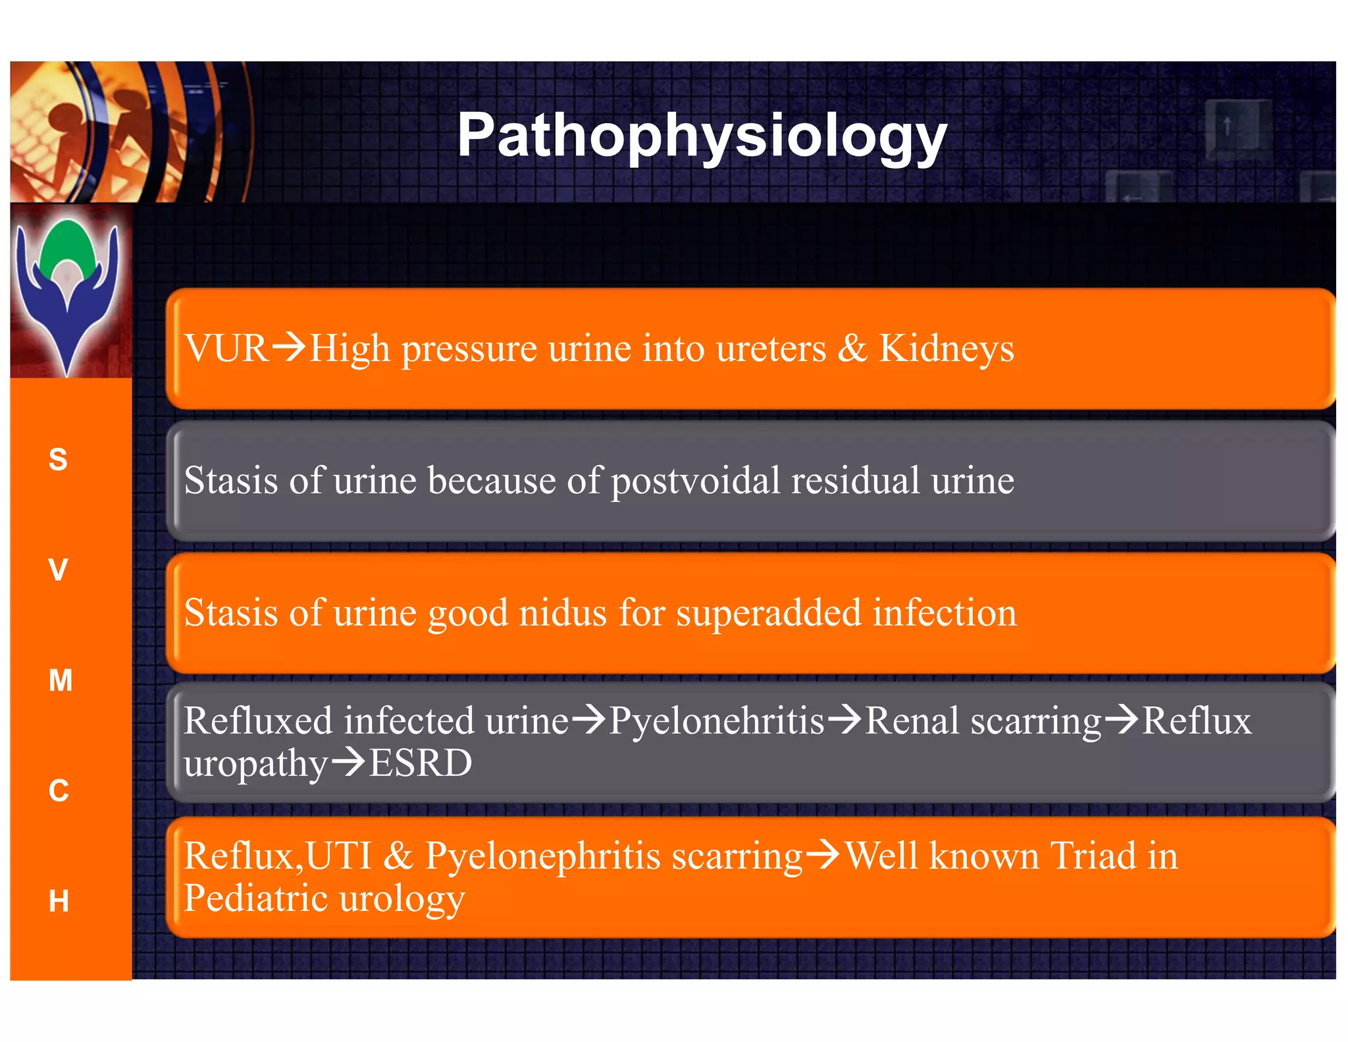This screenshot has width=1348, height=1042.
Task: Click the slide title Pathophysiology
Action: point(702,135)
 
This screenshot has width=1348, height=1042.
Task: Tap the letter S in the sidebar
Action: point(58,459)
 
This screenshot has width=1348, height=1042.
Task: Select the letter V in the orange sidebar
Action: point(58,570)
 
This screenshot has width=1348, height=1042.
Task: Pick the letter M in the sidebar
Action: point(60,680)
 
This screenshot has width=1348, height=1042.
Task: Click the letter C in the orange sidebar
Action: point(59,790)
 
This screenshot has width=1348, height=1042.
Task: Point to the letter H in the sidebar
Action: point(59,900)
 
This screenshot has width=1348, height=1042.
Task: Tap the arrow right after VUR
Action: point(289,346)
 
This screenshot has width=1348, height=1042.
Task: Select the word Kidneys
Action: point(946,349)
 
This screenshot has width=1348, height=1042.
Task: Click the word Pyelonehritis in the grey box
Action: point(716,721)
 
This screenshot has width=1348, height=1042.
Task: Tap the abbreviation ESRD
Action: point(420,763)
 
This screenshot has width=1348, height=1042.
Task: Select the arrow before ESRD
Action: point(348,762)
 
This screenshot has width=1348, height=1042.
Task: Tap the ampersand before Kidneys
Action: point(852,348)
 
